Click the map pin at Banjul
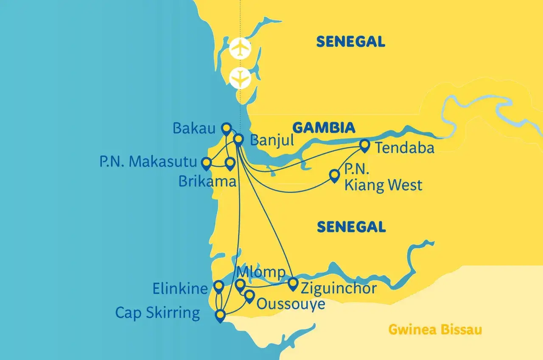click(x=238, y=140)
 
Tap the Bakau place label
click(x=194, y=128)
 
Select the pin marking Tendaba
click(x=364, y=145)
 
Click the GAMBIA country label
click(x=324, y=127)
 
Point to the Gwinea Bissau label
click(x=435, y=330)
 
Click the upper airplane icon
click(x=240, y=49)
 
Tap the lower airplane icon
click(x=240, y=78)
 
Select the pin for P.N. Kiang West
click(x=335, y=175)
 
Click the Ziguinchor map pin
click(x=293, y=284)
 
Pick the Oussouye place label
click(x=291, y=304)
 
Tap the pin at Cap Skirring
click(x=220, y=315)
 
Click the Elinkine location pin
click(x=218, y=287)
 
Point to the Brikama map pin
click(x=230, y=164)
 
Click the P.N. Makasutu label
click(x=148, y=162)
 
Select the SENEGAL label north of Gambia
click(x=350, y=42)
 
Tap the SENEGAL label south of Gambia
click(x=351, y=227)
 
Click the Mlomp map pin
click(x=240, y=285)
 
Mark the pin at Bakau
click(x=226, y=128)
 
